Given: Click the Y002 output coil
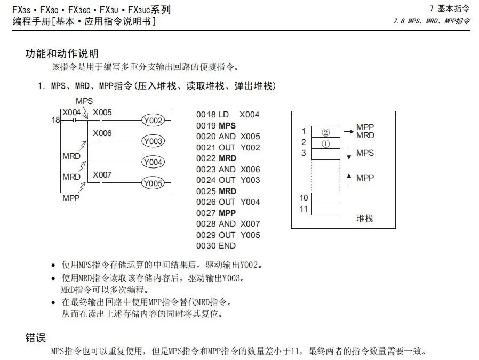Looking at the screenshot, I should point(153,121).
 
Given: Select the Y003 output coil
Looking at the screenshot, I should point(153,141).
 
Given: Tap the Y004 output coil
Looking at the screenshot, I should point(153,162).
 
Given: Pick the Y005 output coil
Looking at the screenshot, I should point(153,183).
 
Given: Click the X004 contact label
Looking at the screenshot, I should point(71,113).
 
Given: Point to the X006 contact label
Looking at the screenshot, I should point(102,133).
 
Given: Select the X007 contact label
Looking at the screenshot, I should point(102,175).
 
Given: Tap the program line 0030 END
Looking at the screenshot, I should point(216,246).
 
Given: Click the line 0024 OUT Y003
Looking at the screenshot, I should point(228,180).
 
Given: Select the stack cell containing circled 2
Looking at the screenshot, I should point(325,132).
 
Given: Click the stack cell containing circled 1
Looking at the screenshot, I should point(325,143).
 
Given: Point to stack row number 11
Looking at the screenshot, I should point(304,209).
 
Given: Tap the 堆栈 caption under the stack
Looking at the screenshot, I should point(365,219).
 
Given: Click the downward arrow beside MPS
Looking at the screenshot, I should point(349,154).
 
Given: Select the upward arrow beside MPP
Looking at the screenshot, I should point(349,179).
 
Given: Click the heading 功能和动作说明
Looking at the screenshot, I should point(62,54).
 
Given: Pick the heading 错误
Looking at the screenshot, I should point(36,338).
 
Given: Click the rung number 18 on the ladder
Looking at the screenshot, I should point(55,121).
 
